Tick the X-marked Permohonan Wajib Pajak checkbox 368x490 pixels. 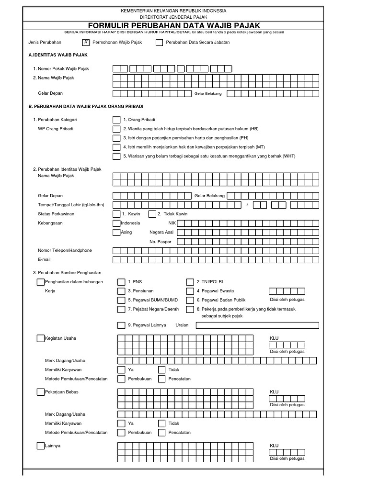pyautogui.click(x=86, y=42)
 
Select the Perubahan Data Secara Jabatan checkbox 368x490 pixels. pyautogui.click(x=159, y=42)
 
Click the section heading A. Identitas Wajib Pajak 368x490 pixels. pyautogui.click(x=58, y=55)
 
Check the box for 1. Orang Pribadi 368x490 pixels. pyautogui.click(x=116, y=120)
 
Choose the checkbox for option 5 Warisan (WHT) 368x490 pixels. pyautogui.click(x=116, y=156)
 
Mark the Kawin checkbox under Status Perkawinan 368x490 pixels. pyautogui.click(x=116, y=214)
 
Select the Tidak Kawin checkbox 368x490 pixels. pyautogui.click(x=152, y=214)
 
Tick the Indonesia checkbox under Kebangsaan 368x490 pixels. pyautogui.click(x=116, y=223)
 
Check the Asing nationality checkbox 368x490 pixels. pyautogui.click(x=116, y=232)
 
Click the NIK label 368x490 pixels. pyautogui.click(x=172, y=223)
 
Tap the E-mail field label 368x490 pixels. pyautogui.click(x=44, y=259)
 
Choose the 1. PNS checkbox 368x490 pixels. pyautogui.click(x=121, y=282)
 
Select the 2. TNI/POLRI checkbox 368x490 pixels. pyautogui.click(x=190, y=282)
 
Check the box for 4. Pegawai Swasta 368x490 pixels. pyautogui.click(x=190, y=291)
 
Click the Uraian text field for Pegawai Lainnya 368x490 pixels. pyautogui.click(x=257, y=325)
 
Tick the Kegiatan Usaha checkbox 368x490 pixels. pyautogui.click(x=40, y=338)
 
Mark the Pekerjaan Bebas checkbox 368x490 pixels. pyautogui.click(x=40, y=392)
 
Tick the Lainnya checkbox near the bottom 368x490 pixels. pyautogui.click(x=40, y=445)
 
